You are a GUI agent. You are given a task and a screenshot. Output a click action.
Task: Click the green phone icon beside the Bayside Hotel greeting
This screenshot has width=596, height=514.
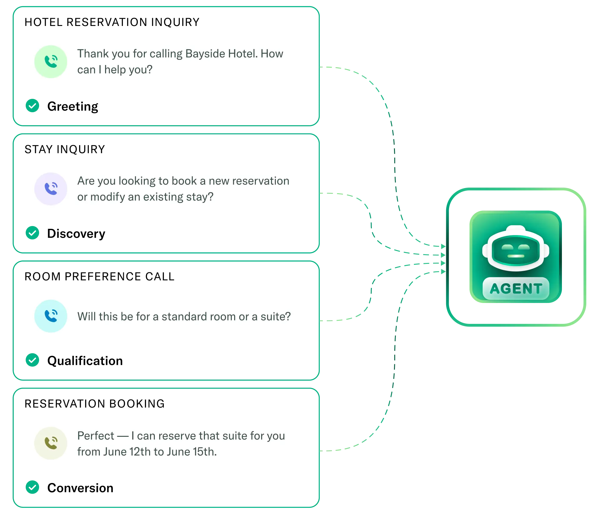pyautogui.click(x=51, y=62)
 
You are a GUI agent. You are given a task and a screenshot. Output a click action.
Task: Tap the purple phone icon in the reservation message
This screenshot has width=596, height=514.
pyautogui.click(x=51, y=189)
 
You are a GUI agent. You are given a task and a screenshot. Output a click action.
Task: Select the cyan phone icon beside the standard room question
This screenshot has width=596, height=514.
pyautogui.click(x=51, y=316)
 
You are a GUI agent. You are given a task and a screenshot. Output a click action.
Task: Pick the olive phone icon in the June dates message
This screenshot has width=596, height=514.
pyautogui.click(x=51, y=443)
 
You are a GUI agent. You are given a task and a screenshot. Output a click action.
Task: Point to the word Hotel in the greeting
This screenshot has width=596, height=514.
pyautogui.click(x=243, y=54)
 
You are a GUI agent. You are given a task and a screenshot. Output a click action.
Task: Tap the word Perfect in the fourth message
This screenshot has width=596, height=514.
pyautogui.click(x=96, y=436)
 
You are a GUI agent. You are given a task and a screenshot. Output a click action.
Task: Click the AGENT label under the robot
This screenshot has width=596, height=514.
pyautogui.click(x=516, y=289)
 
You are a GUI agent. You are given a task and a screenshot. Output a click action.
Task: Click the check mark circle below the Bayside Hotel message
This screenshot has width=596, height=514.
pyautogui.click(x=33, y=105)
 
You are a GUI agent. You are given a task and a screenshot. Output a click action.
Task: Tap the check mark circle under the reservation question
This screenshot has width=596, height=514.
pyautogui.click(x=33, y=233)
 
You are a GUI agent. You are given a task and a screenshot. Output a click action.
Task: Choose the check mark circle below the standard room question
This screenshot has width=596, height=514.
pyautogui.click(x=33, y=360)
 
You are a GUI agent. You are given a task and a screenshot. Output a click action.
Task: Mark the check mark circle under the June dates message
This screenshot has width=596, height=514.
pyautogui.click(x=33, y=487)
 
